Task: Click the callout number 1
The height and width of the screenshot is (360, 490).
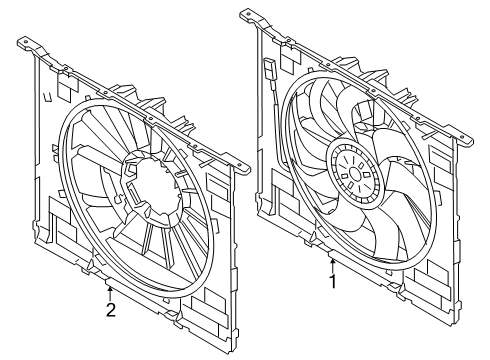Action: coord(332,282)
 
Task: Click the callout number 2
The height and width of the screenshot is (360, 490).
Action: coord(111,310)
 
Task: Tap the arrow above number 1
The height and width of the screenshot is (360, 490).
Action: coord(332,264)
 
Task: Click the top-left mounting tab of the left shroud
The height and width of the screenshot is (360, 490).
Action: coord(27,42)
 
